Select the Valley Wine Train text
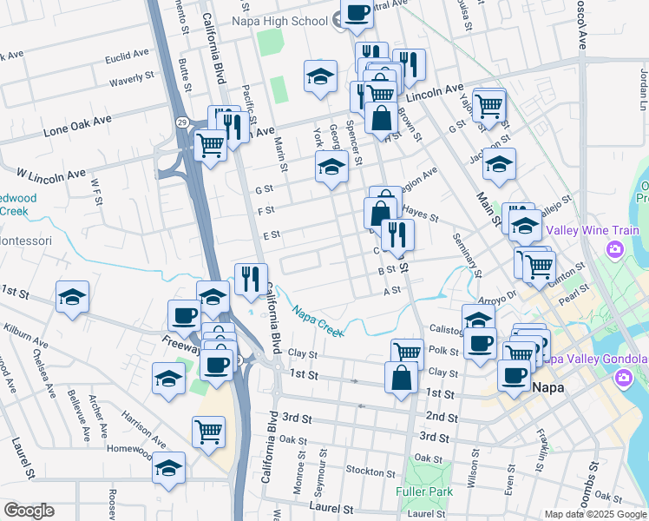592,231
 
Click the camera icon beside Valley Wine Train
616,251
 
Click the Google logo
29,511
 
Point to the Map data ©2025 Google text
594,513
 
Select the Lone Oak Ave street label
78,127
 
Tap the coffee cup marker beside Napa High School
357,13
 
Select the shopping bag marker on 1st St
400,377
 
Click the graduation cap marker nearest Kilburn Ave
73,297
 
